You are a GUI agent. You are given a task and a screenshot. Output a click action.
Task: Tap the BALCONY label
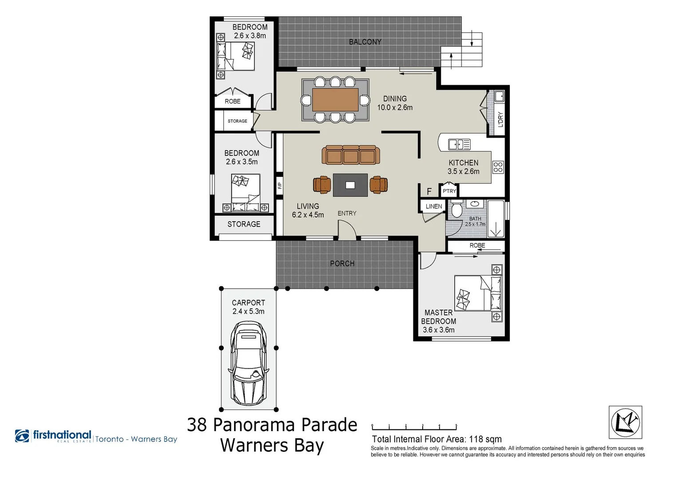pyautogui.click(x=365, y=42)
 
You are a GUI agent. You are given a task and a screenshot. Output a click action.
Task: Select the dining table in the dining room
pyautogui.click(x=335, y=100)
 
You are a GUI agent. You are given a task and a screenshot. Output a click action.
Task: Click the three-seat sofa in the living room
pyautogui.click(x=351, y=155)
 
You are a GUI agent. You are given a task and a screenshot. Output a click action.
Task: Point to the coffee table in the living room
pyautogui.click(x=350, y=185)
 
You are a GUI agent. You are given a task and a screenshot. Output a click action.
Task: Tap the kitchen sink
pyautogui.click(x=459, y=144)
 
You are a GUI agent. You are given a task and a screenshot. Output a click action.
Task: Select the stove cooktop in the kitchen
pyautogui.click(x=498, y=167)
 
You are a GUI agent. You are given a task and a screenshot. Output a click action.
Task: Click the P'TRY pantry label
pyautogui.click(x=449, y=191)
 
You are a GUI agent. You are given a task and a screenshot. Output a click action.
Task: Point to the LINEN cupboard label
pyautogui.click(x=434, y=206)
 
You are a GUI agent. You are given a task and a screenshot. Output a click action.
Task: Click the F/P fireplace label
pyautogui.click(x=279, y=185)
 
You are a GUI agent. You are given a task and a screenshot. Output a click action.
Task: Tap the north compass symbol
pyautogui.click(x=625, y=422)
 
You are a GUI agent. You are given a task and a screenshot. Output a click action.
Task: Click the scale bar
pyautogui.click(x=414, y=428)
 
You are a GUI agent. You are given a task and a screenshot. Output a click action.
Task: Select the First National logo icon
pyautogui.click(x=22, y=436)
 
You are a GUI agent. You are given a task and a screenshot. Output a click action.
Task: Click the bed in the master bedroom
pyautogui.click(x=478, y=293)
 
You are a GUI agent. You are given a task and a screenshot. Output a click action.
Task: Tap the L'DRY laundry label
pyautogui.click(x=500, y=119)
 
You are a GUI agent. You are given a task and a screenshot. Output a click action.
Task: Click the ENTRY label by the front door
pyautogui.click(x=347, y=213)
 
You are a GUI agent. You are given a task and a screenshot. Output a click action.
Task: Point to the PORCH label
pyautogui.click(x=342, y=263)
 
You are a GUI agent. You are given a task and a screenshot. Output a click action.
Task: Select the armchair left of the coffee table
pyautogui.click(x=322, y=185)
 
